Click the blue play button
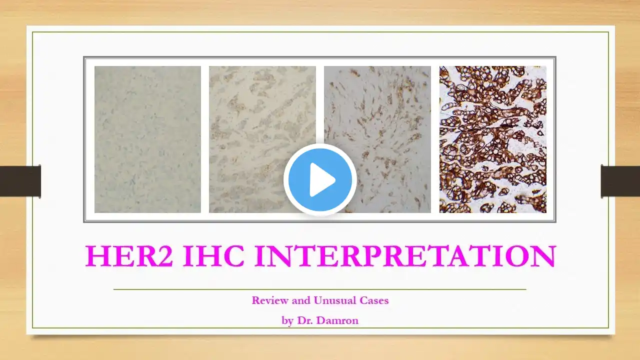click(320, 179)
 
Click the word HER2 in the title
click(129, 255)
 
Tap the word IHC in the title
click(213, 255)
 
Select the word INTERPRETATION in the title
click(405, 255)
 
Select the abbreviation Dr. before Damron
click(306, 320)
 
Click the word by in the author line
click(287, 321)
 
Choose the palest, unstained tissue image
click(147, 139)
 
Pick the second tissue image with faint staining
click(262, 139)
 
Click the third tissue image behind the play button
click(377, 139)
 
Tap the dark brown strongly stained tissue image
click(493, 139)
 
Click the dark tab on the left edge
click(20, 181)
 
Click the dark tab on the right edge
click(620, 181)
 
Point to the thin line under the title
click(319, 289)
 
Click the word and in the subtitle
click(301, 300)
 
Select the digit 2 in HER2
click(163, 255)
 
